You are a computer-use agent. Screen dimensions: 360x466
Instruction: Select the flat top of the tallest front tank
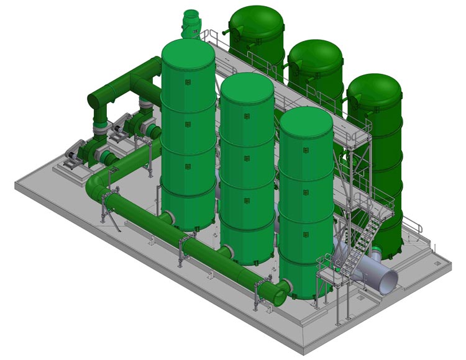point(188,53)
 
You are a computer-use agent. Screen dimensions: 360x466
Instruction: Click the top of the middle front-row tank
point(247,87)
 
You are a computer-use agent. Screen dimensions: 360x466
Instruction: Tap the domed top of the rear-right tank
point(373,88)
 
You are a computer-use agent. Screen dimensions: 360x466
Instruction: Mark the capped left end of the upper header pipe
point(93,99)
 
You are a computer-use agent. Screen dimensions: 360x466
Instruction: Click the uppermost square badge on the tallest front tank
point(188,78)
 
